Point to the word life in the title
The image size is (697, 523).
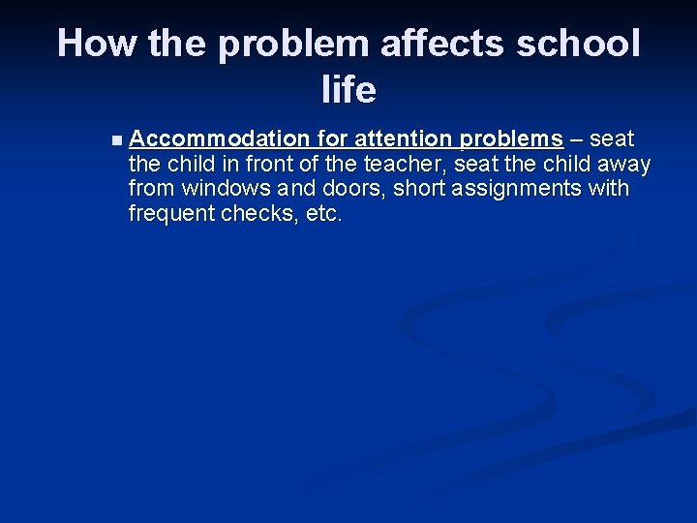348,90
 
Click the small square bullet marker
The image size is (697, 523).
117,140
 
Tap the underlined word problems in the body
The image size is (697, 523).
514,138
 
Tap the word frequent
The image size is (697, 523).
171,214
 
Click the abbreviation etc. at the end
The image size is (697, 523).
324,214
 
